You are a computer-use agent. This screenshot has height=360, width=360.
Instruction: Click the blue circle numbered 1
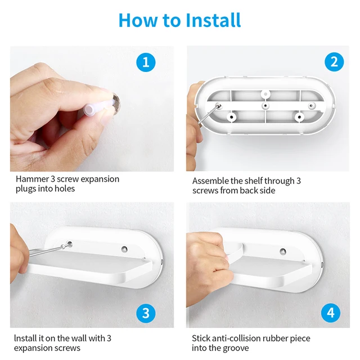point(146,62)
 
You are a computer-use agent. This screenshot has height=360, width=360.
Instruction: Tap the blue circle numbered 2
point(334,62)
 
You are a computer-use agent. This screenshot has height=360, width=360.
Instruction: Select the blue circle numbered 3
point(146,313)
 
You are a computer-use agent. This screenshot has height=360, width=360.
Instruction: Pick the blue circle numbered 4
point(331,313)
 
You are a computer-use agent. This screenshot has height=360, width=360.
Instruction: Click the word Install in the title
point(213,20)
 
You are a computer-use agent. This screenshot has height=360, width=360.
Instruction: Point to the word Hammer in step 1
point(33,179)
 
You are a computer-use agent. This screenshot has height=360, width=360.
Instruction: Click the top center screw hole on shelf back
point(265,94)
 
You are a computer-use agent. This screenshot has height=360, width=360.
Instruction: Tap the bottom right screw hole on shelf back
point(299,118)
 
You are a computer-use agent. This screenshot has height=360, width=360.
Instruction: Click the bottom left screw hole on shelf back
point(231,117)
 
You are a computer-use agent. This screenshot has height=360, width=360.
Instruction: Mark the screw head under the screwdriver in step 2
point(219,106)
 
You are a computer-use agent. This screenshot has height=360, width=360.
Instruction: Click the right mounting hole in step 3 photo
point(124,249)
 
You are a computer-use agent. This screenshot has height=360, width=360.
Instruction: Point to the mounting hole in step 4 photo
point(283,251)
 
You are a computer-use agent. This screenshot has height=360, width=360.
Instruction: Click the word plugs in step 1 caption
point(26,189)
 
